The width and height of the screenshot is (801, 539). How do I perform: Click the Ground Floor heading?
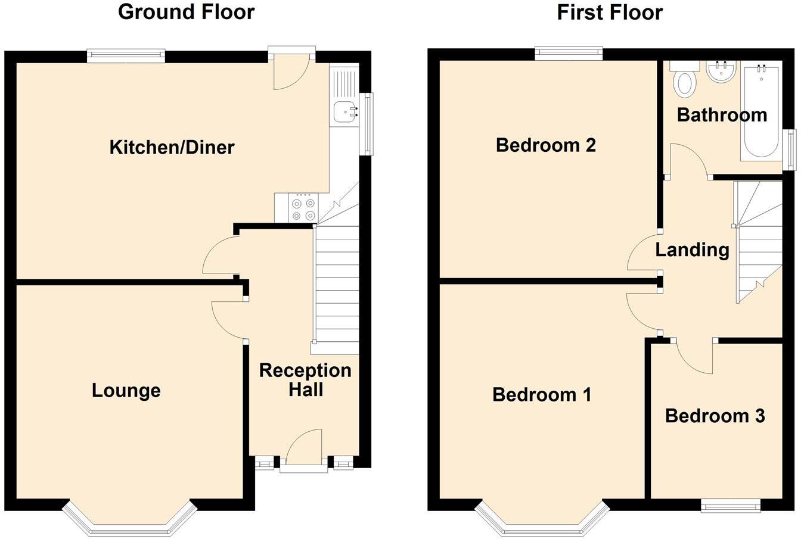click(x=186, y=12)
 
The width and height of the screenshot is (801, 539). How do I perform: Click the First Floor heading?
click(x=609, y=12)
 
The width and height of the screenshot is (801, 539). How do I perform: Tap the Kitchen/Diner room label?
click(x=172, y=147)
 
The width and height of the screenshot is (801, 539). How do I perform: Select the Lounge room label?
click(x=126, y=391)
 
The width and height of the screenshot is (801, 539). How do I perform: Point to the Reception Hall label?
click(x=305, y=379)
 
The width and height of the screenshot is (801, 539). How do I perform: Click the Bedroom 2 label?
click(x=545, y=145)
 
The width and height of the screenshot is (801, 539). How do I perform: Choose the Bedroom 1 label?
click(x=542, y=394)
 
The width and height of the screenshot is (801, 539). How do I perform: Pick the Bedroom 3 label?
click(x=715, y=416)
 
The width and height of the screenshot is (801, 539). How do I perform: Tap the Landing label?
click(x=692, y=250)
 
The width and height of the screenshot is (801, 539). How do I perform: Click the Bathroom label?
click(x=722, y=114)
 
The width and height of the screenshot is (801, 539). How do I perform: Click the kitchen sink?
click(x=345, y=111)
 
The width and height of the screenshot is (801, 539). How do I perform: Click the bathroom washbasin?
click(x=721, y=71)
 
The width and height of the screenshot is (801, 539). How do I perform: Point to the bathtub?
click(x=760, y=111)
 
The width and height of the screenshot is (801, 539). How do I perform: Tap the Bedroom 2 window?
click(x=569, y=54)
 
